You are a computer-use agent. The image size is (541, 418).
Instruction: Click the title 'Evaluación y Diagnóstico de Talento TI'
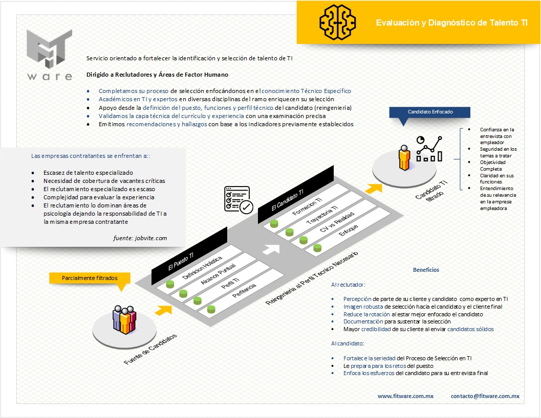pos(452,23)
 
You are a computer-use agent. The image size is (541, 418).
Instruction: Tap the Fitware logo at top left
pos(50,55)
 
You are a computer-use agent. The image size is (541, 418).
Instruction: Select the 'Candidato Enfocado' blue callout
pos(430,112)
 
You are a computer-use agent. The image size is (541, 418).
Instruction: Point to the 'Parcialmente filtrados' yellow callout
pos(90,278)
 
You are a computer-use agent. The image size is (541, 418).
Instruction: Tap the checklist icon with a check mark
pos(238,199)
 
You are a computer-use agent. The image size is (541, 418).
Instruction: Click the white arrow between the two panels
pos(271,249)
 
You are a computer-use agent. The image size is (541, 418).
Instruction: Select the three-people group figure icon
pos(124,320)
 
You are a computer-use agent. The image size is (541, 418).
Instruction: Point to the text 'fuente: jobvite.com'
pos(140,238)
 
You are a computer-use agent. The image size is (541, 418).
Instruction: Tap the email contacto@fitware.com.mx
pos(485,396)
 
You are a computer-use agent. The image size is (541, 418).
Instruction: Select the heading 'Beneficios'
pos(426,270)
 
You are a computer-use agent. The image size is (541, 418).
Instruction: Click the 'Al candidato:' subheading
pos(347,343)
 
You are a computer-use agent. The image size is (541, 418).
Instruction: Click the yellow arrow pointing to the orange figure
pos(375,188)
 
